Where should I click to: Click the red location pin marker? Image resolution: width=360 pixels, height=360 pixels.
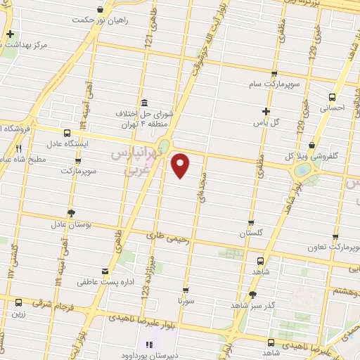click(x=181, y=166)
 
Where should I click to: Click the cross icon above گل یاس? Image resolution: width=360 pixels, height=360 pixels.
click(x=265, y=110)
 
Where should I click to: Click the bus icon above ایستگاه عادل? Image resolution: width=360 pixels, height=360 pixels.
click(x=67, y=132)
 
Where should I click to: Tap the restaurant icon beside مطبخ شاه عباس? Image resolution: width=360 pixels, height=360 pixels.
click(x=19, y=149)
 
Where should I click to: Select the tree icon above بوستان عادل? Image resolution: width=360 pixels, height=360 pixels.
click(x=70, y=212)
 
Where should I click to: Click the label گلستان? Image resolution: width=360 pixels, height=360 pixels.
click(x=251, y=233)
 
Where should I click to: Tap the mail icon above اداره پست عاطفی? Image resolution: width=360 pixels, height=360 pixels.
click(x=105, y=271)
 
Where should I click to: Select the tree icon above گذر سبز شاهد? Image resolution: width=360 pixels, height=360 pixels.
click(x=252, y=294)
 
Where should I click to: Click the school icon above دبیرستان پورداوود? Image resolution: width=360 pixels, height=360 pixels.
click(x=148, y=344)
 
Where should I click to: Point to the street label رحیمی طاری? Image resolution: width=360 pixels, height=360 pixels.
click(x=169, y=238)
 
